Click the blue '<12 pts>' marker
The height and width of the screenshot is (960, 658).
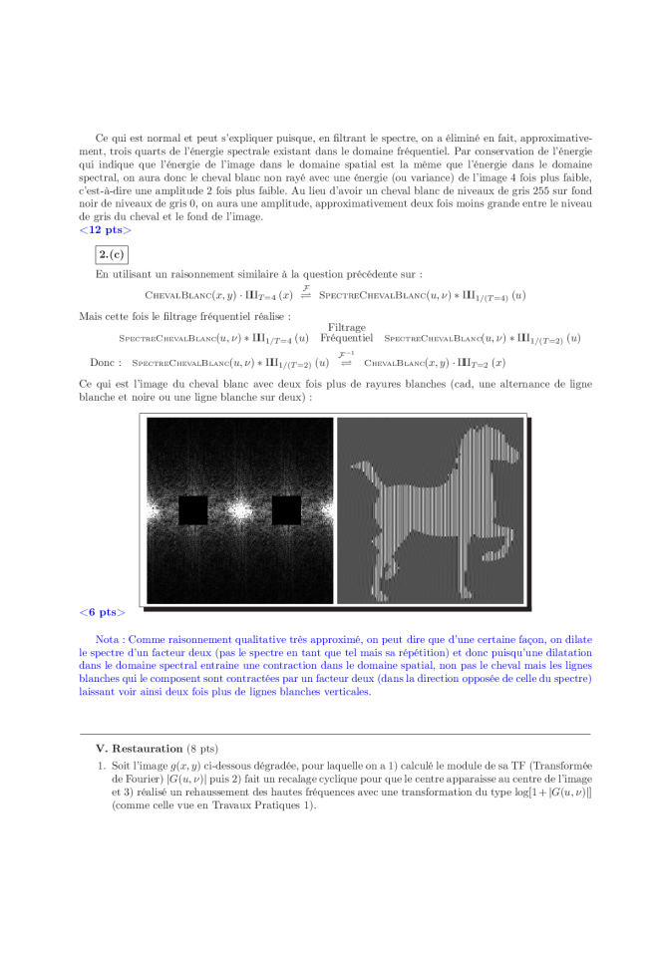coord(104,230)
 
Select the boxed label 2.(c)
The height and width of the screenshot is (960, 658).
coord(110,253)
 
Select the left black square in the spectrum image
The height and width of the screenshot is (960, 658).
coord(192,509)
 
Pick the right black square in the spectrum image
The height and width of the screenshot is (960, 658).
coord(286,509)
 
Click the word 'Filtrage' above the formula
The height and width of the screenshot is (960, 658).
coord(346,327)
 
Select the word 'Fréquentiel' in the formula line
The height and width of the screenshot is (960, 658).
coord(346,339)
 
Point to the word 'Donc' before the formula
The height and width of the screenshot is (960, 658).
coord(104,363)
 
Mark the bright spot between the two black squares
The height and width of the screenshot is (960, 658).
coord(239,509)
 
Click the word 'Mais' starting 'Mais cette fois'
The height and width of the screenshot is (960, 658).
coord(90,316)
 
